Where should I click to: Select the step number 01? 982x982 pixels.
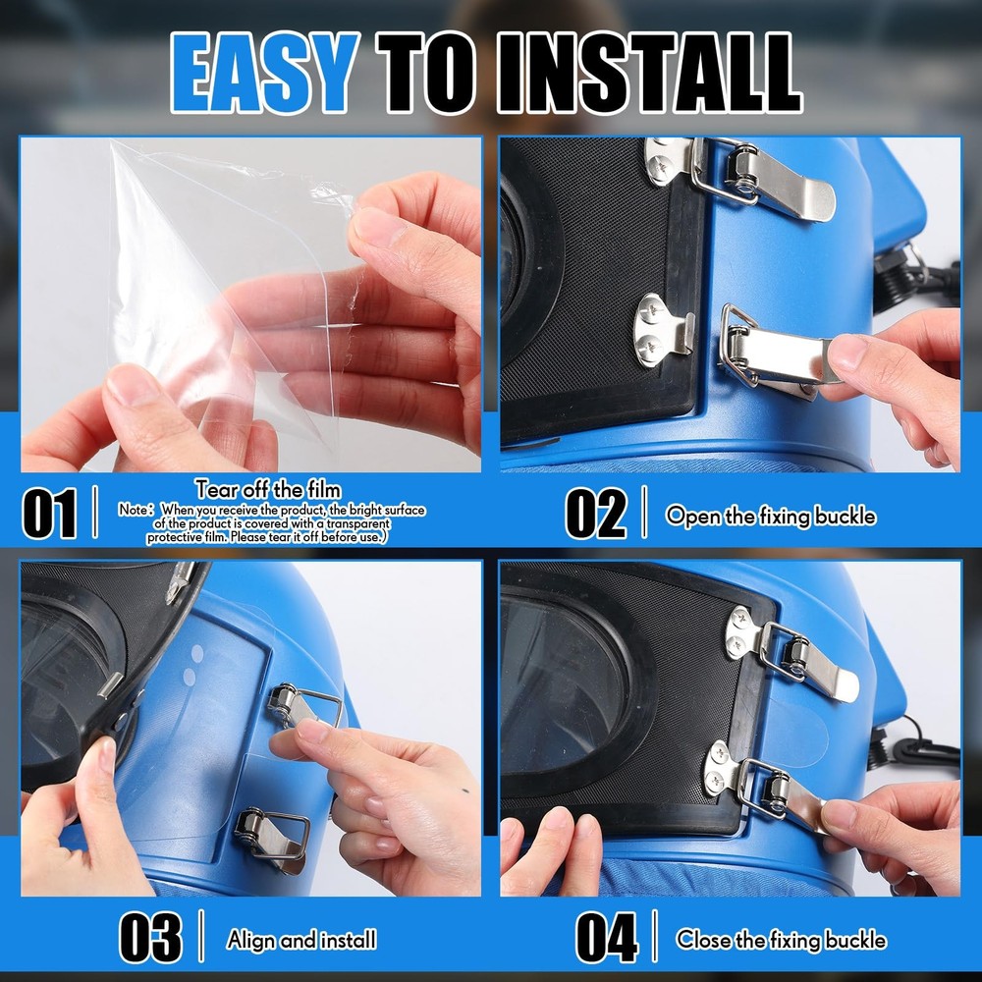[49, 515]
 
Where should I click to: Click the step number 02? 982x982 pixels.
[596, 515]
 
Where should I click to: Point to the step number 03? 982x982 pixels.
[150, 938]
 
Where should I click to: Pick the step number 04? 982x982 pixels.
[606, 938]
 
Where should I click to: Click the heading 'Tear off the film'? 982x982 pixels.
[268, 489]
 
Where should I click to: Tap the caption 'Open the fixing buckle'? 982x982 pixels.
[770, 517]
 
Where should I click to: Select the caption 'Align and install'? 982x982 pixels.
[301, 940]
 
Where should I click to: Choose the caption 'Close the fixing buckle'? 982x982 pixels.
[781, 940]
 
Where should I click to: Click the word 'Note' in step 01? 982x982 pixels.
[133, 510]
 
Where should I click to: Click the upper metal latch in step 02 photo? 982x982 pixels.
[764, 178]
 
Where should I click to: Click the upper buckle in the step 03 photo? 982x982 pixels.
[303, 706]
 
